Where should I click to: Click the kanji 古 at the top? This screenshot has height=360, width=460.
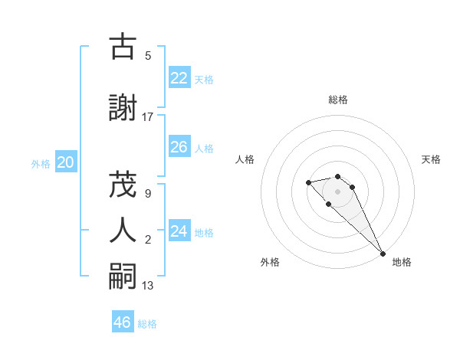click(123, 47)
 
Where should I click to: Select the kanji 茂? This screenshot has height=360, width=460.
click(123, 185)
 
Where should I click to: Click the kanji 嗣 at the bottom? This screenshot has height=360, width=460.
click(123, 276)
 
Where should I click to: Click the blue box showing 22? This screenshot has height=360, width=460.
click(179, 78)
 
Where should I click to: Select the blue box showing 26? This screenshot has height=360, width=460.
click(179, 147)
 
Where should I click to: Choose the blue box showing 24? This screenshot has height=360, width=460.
click(179, 231)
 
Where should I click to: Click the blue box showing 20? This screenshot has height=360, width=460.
click(66, 162)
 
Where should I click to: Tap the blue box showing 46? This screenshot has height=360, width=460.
click(123, 322)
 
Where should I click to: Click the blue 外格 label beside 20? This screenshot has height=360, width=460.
click(41, 163)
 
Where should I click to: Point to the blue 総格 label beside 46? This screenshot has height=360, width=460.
click(147, 324)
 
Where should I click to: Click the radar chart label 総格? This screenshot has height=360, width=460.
click(338, 100)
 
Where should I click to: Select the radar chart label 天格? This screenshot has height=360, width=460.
click(432, 159)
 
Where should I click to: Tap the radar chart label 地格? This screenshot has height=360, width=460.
click(402, 263)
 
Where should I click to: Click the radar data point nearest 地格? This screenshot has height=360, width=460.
click(382, 254)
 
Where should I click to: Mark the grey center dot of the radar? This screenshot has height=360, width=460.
click(338, 191)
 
